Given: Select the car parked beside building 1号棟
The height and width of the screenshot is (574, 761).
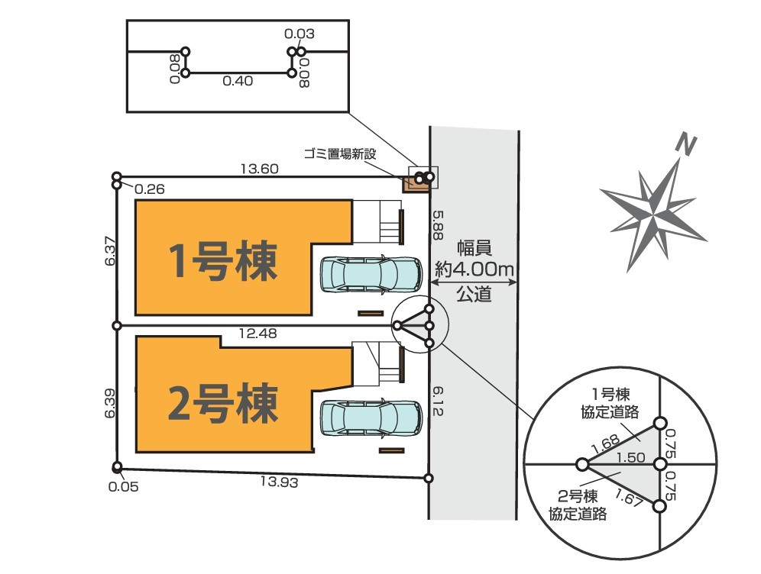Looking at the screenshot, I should coord(371,274).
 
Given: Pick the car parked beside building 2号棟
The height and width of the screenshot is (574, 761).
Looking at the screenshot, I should coord(371,417).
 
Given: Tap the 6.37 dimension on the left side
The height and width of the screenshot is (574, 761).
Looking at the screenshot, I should coord(112,250).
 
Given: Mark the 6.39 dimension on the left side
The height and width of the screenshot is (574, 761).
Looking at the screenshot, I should coord(112,402).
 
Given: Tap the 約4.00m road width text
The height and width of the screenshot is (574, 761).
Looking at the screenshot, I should coord(474,269).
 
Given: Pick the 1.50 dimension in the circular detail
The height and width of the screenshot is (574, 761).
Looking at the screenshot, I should coord(630,457).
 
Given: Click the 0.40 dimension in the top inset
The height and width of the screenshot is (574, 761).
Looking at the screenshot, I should coord(238,82).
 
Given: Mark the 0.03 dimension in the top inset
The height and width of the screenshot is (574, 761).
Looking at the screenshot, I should coord(299,34).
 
